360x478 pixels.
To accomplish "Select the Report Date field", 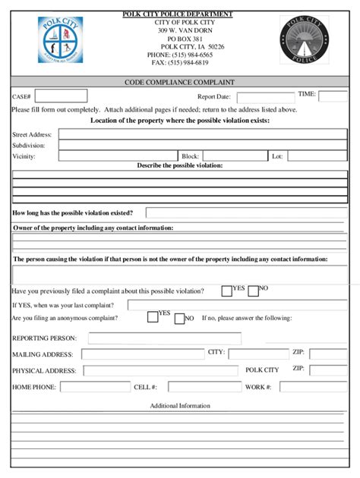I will [265, 97].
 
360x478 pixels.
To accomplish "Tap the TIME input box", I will [333, 96].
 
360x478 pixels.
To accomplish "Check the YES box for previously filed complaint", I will [226, 291].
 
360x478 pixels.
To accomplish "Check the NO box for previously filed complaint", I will [254, 291].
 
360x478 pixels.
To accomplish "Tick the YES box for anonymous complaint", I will [153, 317].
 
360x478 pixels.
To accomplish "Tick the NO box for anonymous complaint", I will [179, 319].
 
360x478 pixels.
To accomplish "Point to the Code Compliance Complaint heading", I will [179, 81].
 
